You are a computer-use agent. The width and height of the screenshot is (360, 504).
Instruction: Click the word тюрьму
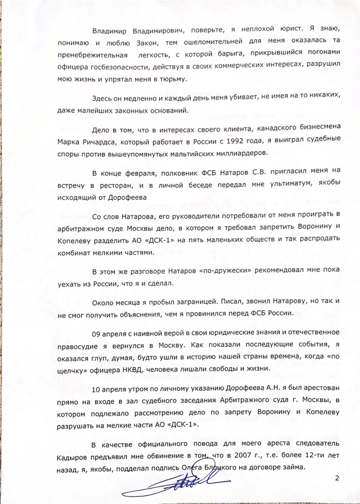click(x=174, y=79)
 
